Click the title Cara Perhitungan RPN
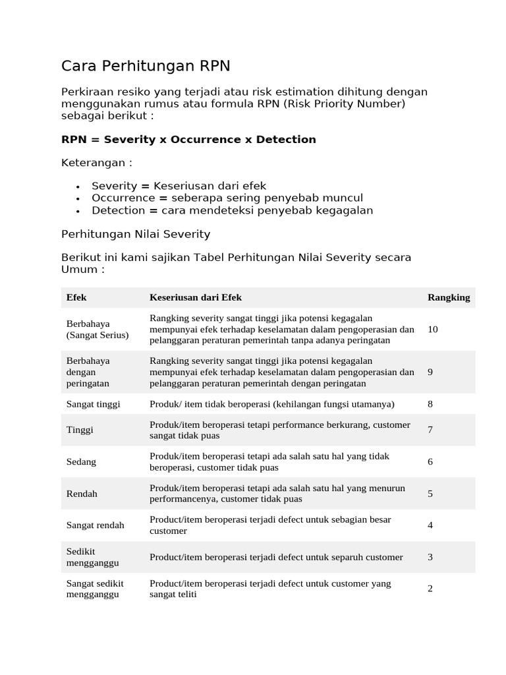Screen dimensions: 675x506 click(146, 66)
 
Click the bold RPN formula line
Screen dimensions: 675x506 click(188, 140)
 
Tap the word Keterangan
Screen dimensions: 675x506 click(96, 163)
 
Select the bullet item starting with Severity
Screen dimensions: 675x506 click(179, 186)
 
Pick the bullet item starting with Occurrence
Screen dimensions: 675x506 click(227, 198)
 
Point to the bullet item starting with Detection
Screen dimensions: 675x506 click(232, 210)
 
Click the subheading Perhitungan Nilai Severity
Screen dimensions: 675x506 click(136, 233)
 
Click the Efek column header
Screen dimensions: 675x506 click(76, 297)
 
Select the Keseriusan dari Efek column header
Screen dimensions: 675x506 click(196, 297)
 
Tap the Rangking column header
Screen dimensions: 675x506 click(449, 297)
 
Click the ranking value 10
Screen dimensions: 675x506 click(433, 329)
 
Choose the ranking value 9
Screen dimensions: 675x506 click(430, 372)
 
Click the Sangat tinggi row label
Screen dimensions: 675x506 click(94, 404)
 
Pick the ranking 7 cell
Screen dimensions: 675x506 click(430, 430)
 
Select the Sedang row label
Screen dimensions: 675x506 click(82, 461)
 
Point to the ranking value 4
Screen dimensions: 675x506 click(430, 525)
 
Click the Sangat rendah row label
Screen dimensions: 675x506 click(96, 525)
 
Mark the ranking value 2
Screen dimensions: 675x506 click(430, 589)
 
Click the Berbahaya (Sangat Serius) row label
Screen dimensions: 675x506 click(98, 329)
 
